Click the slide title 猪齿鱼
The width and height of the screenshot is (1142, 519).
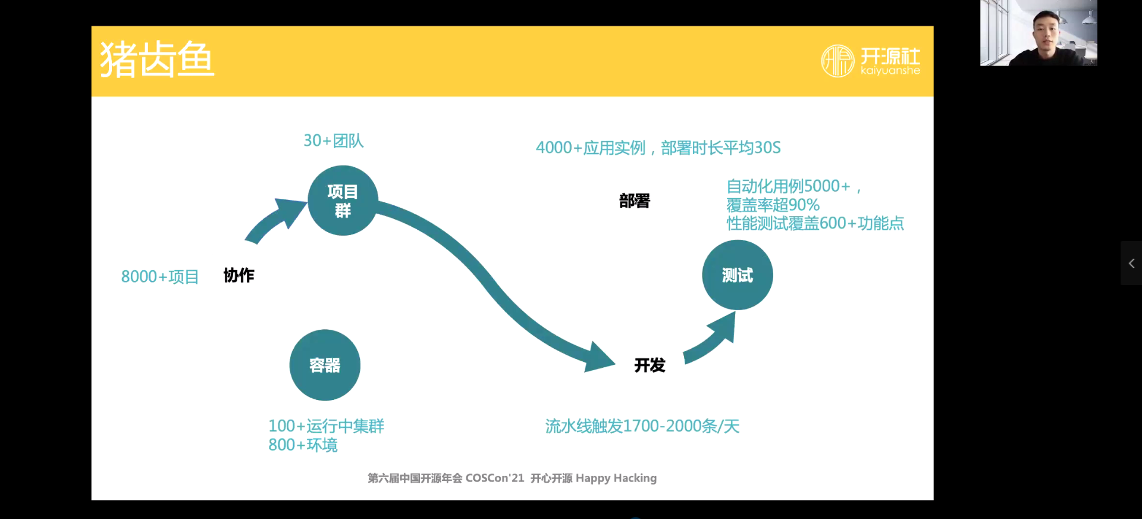(x=157, y=60)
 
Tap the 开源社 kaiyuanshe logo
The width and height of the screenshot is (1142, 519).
(x=871, y=61)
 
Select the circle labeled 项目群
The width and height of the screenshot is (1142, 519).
(x=343, y=201)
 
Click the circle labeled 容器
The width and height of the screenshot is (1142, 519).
(x=325, y=365)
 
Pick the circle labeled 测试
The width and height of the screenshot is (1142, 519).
(x=738, y=275)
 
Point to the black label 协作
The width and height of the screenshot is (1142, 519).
(x=239, y=275)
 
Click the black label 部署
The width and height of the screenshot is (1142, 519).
(x=635, y=201)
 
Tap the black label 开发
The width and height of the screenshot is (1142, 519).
(x=650, y=365)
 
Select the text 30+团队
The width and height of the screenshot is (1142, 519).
(x=334, y=140)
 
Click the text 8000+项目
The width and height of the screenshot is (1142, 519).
(x=160, y=277)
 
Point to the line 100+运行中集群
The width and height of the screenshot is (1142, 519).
(x=326, y=426)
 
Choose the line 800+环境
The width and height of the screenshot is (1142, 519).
(x=303, y=445)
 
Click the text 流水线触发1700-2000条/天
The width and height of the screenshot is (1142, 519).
(x=642, y=426)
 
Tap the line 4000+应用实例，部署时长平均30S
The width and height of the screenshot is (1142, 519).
(x=658, y=148)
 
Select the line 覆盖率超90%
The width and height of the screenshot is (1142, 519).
(x=773, y=205)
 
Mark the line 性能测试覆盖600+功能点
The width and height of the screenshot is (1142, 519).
(x=815, y=224)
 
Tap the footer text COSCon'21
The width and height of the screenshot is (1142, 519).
(x=495, y=479)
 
